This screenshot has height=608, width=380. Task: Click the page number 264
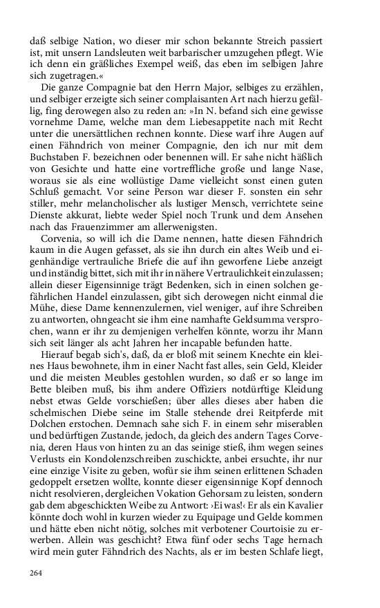(x=37, y=573)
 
